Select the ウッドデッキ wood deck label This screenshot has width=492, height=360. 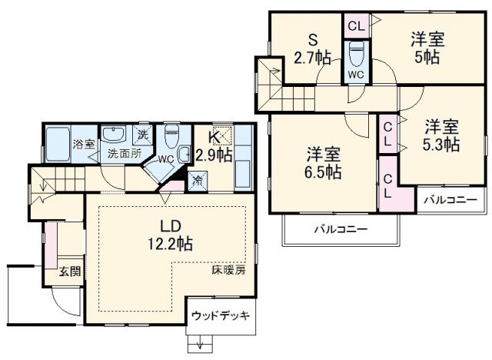click(220, 316)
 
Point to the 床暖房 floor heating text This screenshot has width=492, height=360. click(228, 271)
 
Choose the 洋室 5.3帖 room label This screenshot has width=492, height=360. click(440, 134)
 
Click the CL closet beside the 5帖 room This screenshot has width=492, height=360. click(355, 25)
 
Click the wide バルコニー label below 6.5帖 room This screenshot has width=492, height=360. click(340, 229)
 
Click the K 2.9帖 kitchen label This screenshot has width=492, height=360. click(212, 146)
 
